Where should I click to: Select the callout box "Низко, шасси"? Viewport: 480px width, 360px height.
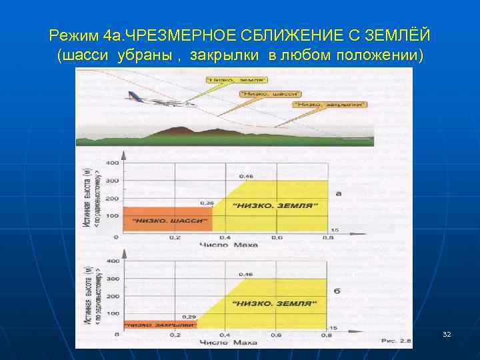pyautogui.click(x=270, y=94)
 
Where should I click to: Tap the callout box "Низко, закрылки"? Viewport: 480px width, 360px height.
pyautogui.click(x=329, y=105)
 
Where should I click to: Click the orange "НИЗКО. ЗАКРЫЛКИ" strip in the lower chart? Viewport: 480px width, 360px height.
pyautogui.click(x=160, y=325)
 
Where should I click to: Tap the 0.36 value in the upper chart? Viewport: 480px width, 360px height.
pyautogui.click(x=207, y=203)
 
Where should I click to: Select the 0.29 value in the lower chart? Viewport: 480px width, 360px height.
pyautogui.click(x=189, y=316)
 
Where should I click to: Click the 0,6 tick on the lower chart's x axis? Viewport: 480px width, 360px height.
pyautogui.click(x=276, y=335)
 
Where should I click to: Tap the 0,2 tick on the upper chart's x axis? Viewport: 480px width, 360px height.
pyautogui.click(x=174, y=237)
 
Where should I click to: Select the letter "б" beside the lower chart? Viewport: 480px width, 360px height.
pyautogui.click(x=337, y=291)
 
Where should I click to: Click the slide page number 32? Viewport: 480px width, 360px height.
pyautogui.click(x=447, y=333)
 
